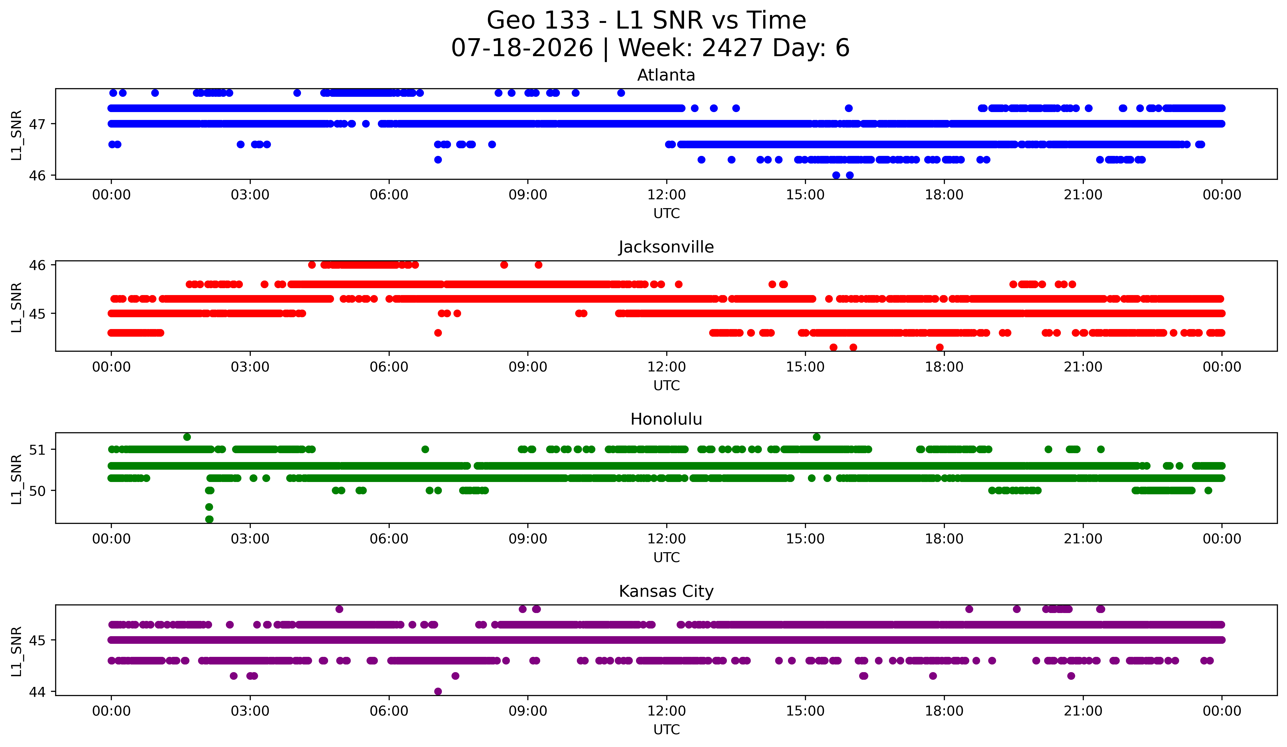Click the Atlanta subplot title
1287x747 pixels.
coord(666,75)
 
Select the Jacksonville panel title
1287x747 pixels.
coord(666,247)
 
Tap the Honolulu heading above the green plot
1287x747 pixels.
coord(666,419)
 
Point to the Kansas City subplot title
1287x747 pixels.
coord(666,591)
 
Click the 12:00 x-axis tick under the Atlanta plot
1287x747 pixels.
coord(667,195)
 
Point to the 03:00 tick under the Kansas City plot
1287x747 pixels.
coord(250,711)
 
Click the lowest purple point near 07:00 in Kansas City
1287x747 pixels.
coord(438,691)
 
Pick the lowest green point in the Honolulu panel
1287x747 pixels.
coord(209,519)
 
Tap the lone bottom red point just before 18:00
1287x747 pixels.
coord(940,347)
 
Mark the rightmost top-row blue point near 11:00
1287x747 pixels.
coord(621,93)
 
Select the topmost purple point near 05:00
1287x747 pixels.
coord(339,609)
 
